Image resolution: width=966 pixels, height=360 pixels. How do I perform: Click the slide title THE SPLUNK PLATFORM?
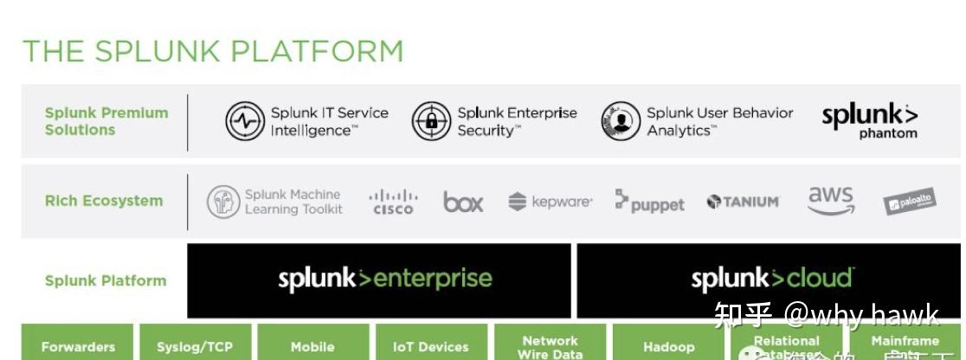(x=213, y=51)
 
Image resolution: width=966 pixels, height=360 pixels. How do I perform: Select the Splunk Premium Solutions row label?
(x=106, y=121)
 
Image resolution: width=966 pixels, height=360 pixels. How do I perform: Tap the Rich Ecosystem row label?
(x=103, y=201)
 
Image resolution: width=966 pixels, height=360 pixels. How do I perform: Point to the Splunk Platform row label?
(x=105, y=280)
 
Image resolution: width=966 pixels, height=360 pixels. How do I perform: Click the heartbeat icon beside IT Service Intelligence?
(x=244, y=121)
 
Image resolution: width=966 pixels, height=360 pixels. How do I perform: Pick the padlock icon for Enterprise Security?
(x=431, y=121)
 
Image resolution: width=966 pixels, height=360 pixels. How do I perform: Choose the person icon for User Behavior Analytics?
(x=621, y=121)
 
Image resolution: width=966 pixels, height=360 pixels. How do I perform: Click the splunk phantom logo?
(x=869, y=121)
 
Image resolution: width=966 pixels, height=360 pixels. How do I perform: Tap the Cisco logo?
(x=393, y=202)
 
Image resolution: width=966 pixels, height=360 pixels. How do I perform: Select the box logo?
(x=463, y=202)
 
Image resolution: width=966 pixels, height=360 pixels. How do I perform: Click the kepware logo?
(x=551, y=202)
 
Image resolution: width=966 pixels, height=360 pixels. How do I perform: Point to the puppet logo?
(x=649, y=202)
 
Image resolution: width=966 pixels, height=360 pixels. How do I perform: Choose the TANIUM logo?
(x=743, y=202)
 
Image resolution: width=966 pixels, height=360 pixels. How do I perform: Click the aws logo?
(x=830, y=200)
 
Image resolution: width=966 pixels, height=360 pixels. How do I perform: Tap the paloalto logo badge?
(x=910, y=202)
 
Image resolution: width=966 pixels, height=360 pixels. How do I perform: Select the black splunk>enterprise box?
(x=379, y=280)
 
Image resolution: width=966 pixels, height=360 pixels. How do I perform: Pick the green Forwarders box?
(x=77, y=344)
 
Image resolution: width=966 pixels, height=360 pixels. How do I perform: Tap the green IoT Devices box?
(x=430, y=344)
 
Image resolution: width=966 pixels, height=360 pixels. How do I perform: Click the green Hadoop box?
(x=668, y=344)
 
